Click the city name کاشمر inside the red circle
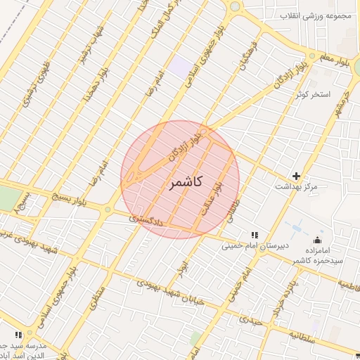(186, 182)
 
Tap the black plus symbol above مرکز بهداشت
(296, 175)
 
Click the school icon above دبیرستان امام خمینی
(254, 235)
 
